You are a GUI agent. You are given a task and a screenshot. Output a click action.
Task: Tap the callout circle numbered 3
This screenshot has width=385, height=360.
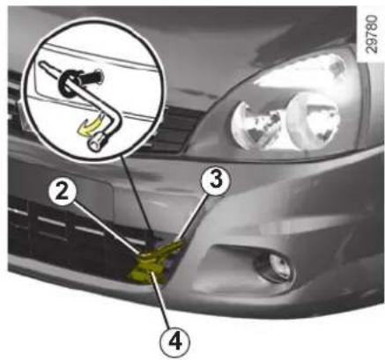pos(216,180)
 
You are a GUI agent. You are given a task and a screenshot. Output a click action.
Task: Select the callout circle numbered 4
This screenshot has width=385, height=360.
pos(175,342)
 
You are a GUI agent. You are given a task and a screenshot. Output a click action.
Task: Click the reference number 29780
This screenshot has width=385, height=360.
pos(373,34)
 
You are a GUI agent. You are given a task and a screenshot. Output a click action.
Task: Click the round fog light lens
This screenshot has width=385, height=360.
pos(275,266)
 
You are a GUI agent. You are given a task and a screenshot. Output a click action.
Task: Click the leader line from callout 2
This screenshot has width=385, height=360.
pos(107,227)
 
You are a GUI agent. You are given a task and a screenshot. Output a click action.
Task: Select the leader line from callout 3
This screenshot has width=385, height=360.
pos(193,219)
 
